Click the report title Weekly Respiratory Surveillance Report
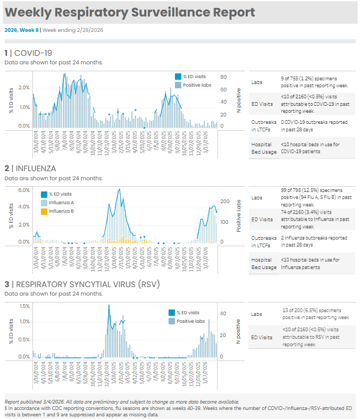click(130, 13)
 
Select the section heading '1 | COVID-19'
click(28, 53)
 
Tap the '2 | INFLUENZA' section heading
click(30, 169)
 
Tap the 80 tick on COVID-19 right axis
click(224, 77)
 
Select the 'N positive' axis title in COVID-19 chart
click(239, 100)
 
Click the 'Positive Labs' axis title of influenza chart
click(239, 216)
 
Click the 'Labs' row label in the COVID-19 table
click(257, 82)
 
